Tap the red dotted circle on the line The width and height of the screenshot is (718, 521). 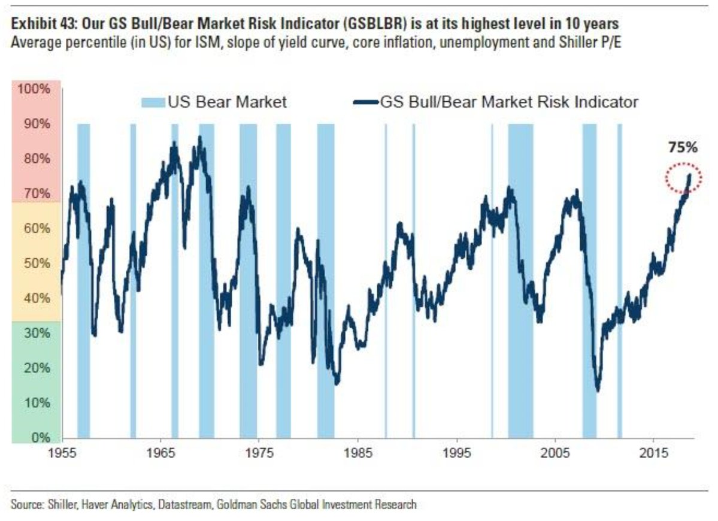683,178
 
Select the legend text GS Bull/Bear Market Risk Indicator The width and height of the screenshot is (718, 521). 508,102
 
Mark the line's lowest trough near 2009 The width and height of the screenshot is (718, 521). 597,390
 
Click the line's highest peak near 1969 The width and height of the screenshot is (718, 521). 200,138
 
